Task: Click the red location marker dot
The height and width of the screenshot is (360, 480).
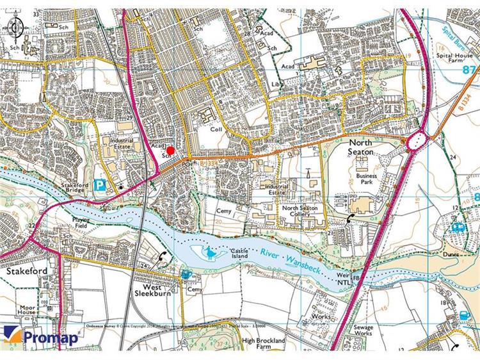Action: (171, 150)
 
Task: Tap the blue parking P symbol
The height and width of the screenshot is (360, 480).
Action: (100, 186)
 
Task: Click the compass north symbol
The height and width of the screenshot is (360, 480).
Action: (17, 27)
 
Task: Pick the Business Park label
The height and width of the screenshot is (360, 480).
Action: (367, 178)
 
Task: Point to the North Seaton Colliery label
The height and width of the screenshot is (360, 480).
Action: (301, 212)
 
